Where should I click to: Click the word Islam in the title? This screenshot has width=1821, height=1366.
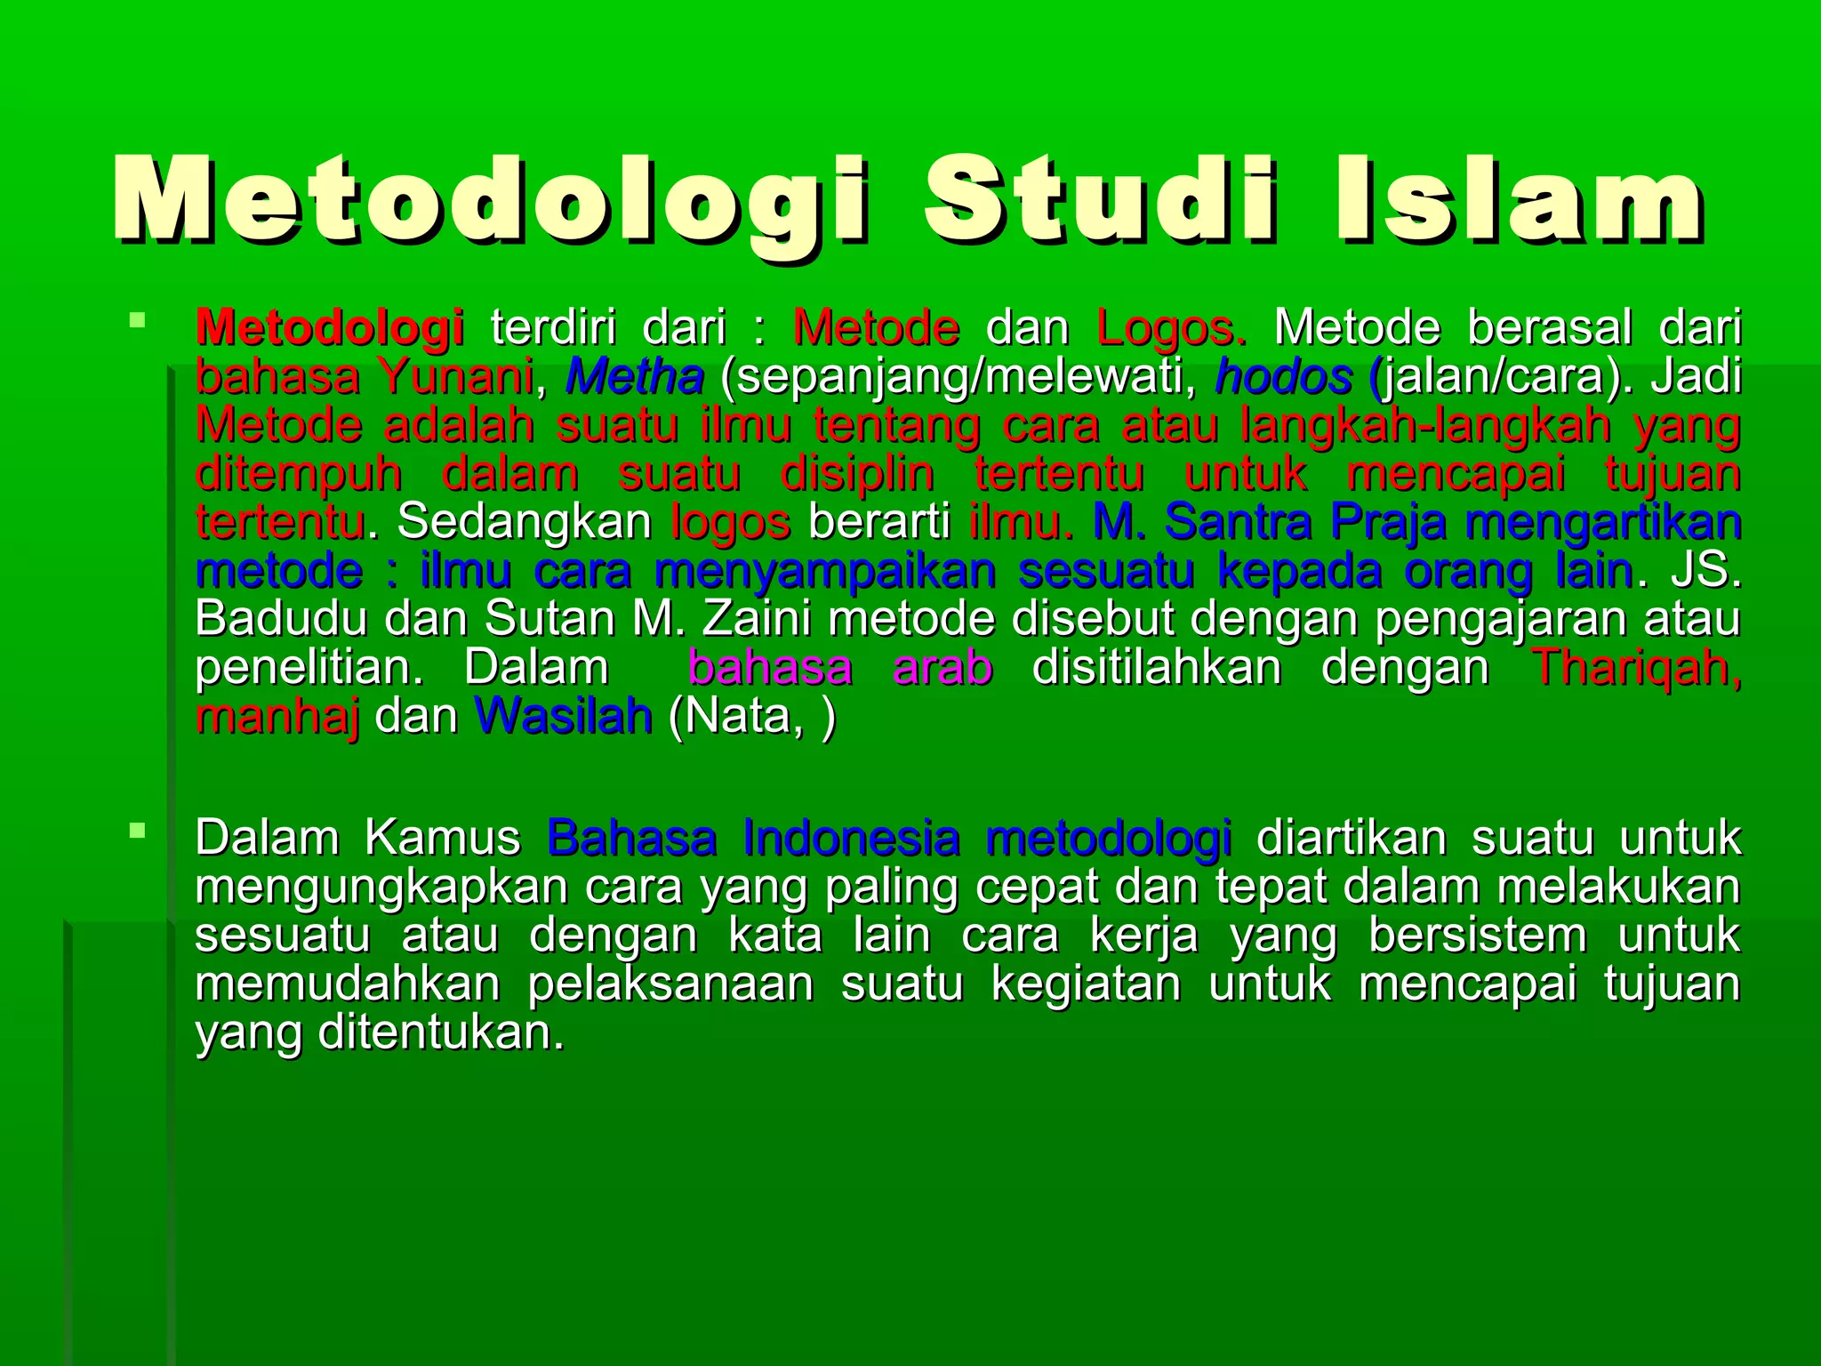tap(1520, 200)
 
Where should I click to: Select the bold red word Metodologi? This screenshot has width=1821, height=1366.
tap(329, 328)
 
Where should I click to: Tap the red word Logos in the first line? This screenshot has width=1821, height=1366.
tap(1170, 328)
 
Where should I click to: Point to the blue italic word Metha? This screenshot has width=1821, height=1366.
tap(635, 377)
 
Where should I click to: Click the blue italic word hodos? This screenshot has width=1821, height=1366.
tap(1283, 377)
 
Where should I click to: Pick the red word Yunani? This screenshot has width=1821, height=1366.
tap(455, 377)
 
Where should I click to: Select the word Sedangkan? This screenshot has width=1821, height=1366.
tap(525, 522)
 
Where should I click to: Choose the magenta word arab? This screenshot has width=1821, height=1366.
tap(943, 668)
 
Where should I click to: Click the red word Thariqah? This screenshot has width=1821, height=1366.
tap(1636, 668)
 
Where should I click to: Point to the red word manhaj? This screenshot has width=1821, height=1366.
tap(277, 717)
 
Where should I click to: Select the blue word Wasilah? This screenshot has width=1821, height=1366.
tap(564, 717)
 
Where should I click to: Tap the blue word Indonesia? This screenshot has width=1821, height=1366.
tap(851, 839)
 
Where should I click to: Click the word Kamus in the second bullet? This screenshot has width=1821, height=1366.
tap(442, 839)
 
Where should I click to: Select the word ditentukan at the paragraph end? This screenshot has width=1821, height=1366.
tap(441, 1033)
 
